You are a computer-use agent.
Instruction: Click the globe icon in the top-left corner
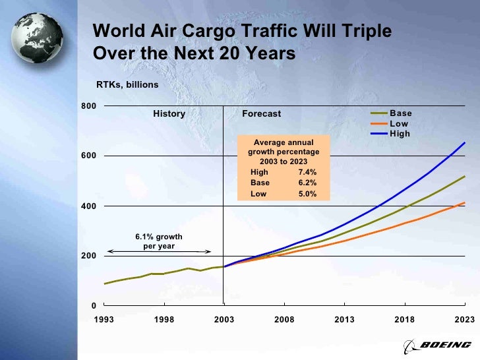(x=37, y=38)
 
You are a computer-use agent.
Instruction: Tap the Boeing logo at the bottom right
(x=437, y=345)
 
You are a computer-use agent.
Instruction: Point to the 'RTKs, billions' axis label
(x=127, y=85)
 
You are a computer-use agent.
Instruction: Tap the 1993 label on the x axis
(x=104, y=320)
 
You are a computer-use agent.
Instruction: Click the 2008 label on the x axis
(x=284, y=320)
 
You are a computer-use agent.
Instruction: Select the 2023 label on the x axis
(x=464, y=320)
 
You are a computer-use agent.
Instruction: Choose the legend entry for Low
(x=399, y=123)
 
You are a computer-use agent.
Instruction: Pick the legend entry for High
(x=400, y=133)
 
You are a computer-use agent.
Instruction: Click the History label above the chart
(x=169, y=114)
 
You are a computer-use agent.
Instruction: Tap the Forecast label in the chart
(x=261, y=114)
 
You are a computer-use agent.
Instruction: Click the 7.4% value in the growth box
(x=307, y=172)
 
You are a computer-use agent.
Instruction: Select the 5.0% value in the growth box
(x=307, y=194)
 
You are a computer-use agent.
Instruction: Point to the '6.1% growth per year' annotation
(x=159, y=241)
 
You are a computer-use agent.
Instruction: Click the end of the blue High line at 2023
(x=465, y=142)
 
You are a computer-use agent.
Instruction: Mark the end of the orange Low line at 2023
(x=465, y=202)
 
